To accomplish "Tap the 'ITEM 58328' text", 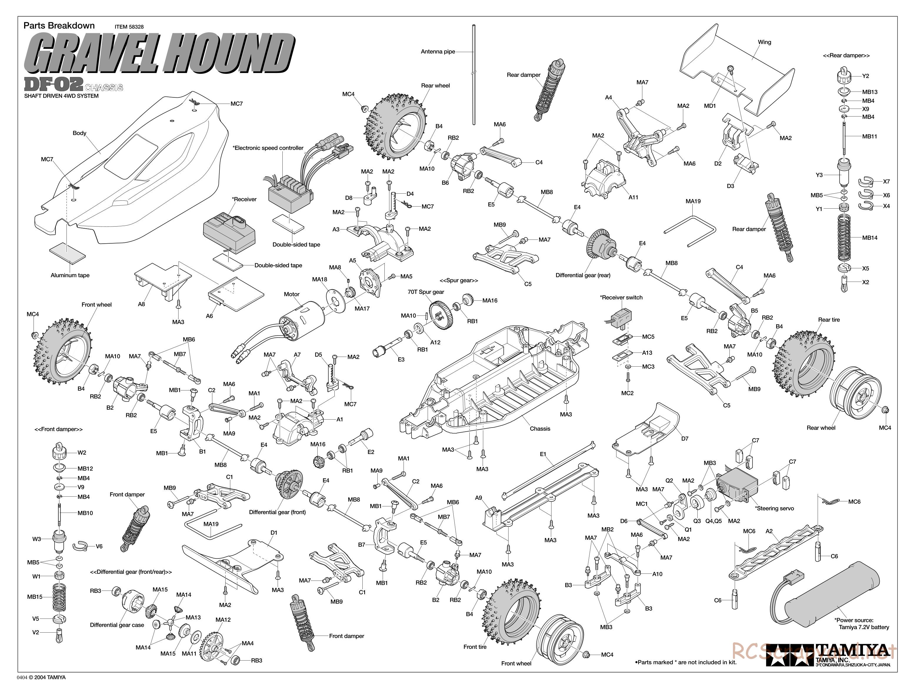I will coord(129,27).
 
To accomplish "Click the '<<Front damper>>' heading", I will coord(59,429).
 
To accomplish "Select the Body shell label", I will coord(79,133).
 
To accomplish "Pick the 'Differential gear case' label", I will coord(117,625).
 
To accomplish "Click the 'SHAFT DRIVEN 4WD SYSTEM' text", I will coord(61,96).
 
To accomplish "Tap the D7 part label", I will coord(684,439).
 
